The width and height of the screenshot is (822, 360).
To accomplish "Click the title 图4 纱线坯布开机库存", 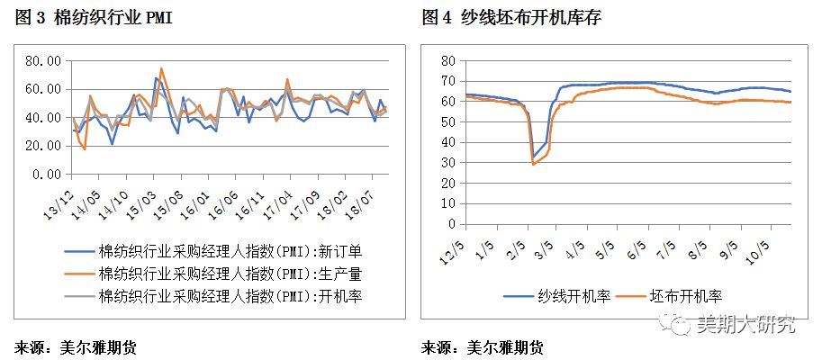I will pos(501,17).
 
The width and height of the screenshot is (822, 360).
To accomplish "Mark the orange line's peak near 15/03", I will pos(161,68).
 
